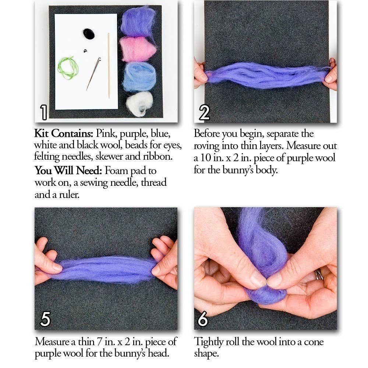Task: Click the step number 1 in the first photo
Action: tap(43, 112)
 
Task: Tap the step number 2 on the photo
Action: tap(204, 113)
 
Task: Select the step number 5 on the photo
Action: tap(45, 319)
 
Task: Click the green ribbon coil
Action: tap(68, 68)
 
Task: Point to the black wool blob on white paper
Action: tap(89, 34)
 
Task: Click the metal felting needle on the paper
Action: tap(93, 74)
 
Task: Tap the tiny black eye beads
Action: tap(85, 51)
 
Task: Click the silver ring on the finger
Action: tap(319, 274)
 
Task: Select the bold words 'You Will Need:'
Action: tap(69, 171)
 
